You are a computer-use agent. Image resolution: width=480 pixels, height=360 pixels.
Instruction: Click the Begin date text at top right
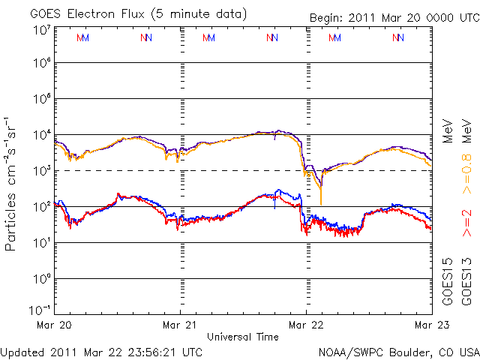[x=394, y=18]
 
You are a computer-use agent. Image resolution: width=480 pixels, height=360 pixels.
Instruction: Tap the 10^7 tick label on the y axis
[x=41, y=30]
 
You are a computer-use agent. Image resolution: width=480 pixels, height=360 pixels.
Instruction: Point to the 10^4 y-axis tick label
[x=41, y=135]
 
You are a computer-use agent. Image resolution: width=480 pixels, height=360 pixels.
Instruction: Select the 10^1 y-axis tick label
[x=41, y=243]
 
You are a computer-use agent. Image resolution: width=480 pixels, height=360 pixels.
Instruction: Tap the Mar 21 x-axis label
[x=180, y=325]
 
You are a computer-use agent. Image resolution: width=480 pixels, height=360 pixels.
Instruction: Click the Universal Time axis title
[x=243, y=337]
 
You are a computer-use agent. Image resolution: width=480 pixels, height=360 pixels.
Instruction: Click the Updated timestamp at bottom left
[x=101, y=351]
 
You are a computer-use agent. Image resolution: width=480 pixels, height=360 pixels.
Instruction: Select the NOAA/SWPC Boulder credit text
[x=398, y=351]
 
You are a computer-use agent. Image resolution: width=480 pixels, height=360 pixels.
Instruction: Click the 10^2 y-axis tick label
[x=41, y=207]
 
